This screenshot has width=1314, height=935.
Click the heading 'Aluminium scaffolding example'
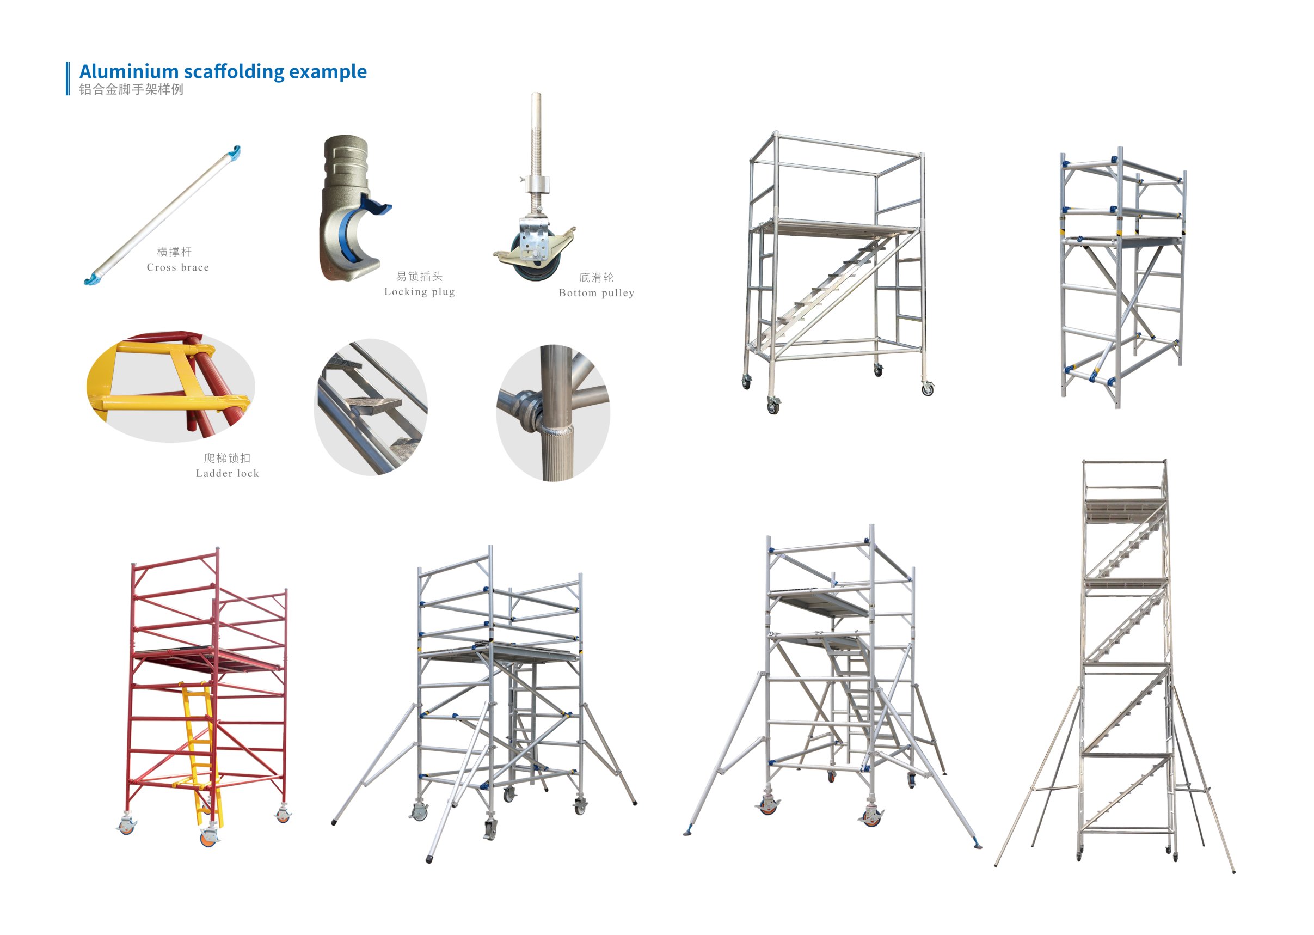click(x=223, y=71)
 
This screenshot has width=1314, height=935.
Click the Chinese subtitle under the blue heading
click(x=131, y=89)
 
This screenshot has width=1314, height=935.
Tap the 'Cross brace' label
click(x=178, y=268)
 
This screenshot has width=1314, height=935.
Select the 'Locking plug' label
click(x=420, y=292)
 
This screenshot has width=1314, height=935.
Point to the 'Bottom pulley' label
click(x=596, y=293)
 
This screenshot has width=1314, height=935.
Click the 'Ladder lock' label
click(x=228, y=474)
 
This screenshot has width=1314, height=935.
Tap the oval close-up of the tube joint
click(x=553, y=413)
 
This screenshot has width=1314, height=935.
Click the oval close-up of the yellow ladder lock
click(x=171, y=387)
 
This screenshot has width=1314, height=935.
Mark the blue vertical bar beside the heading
click(x=68, y=78)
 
